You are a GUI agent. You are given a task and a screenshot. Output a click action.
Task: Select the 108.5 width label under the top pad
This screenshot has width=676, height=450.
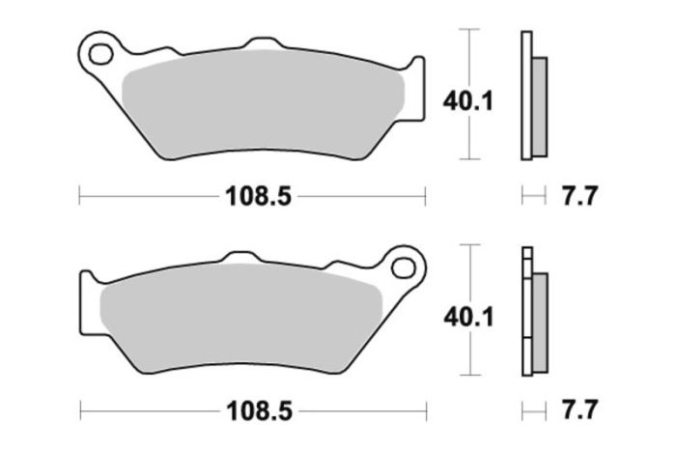click(258, 196)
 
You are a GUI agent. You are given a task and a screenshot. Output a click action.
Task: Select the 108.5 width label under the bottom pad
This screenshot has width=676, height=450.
click(258, 412)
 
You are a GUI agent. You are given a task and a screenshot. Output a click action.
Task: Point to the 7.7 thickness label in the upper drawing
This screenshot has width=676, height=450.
click(579, 196)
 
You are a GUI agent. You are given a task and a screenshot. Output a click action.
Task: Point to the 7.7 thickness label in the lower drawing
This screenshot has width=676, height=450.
click(579, 412)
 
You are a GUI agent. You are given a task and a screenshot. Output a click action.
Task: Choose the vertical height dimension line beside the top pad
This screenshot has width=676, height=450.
click(469, 58)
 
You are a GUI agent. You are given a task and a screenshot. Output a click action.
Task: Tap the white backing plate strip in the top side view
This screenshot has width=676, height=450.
click(526, 97)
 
